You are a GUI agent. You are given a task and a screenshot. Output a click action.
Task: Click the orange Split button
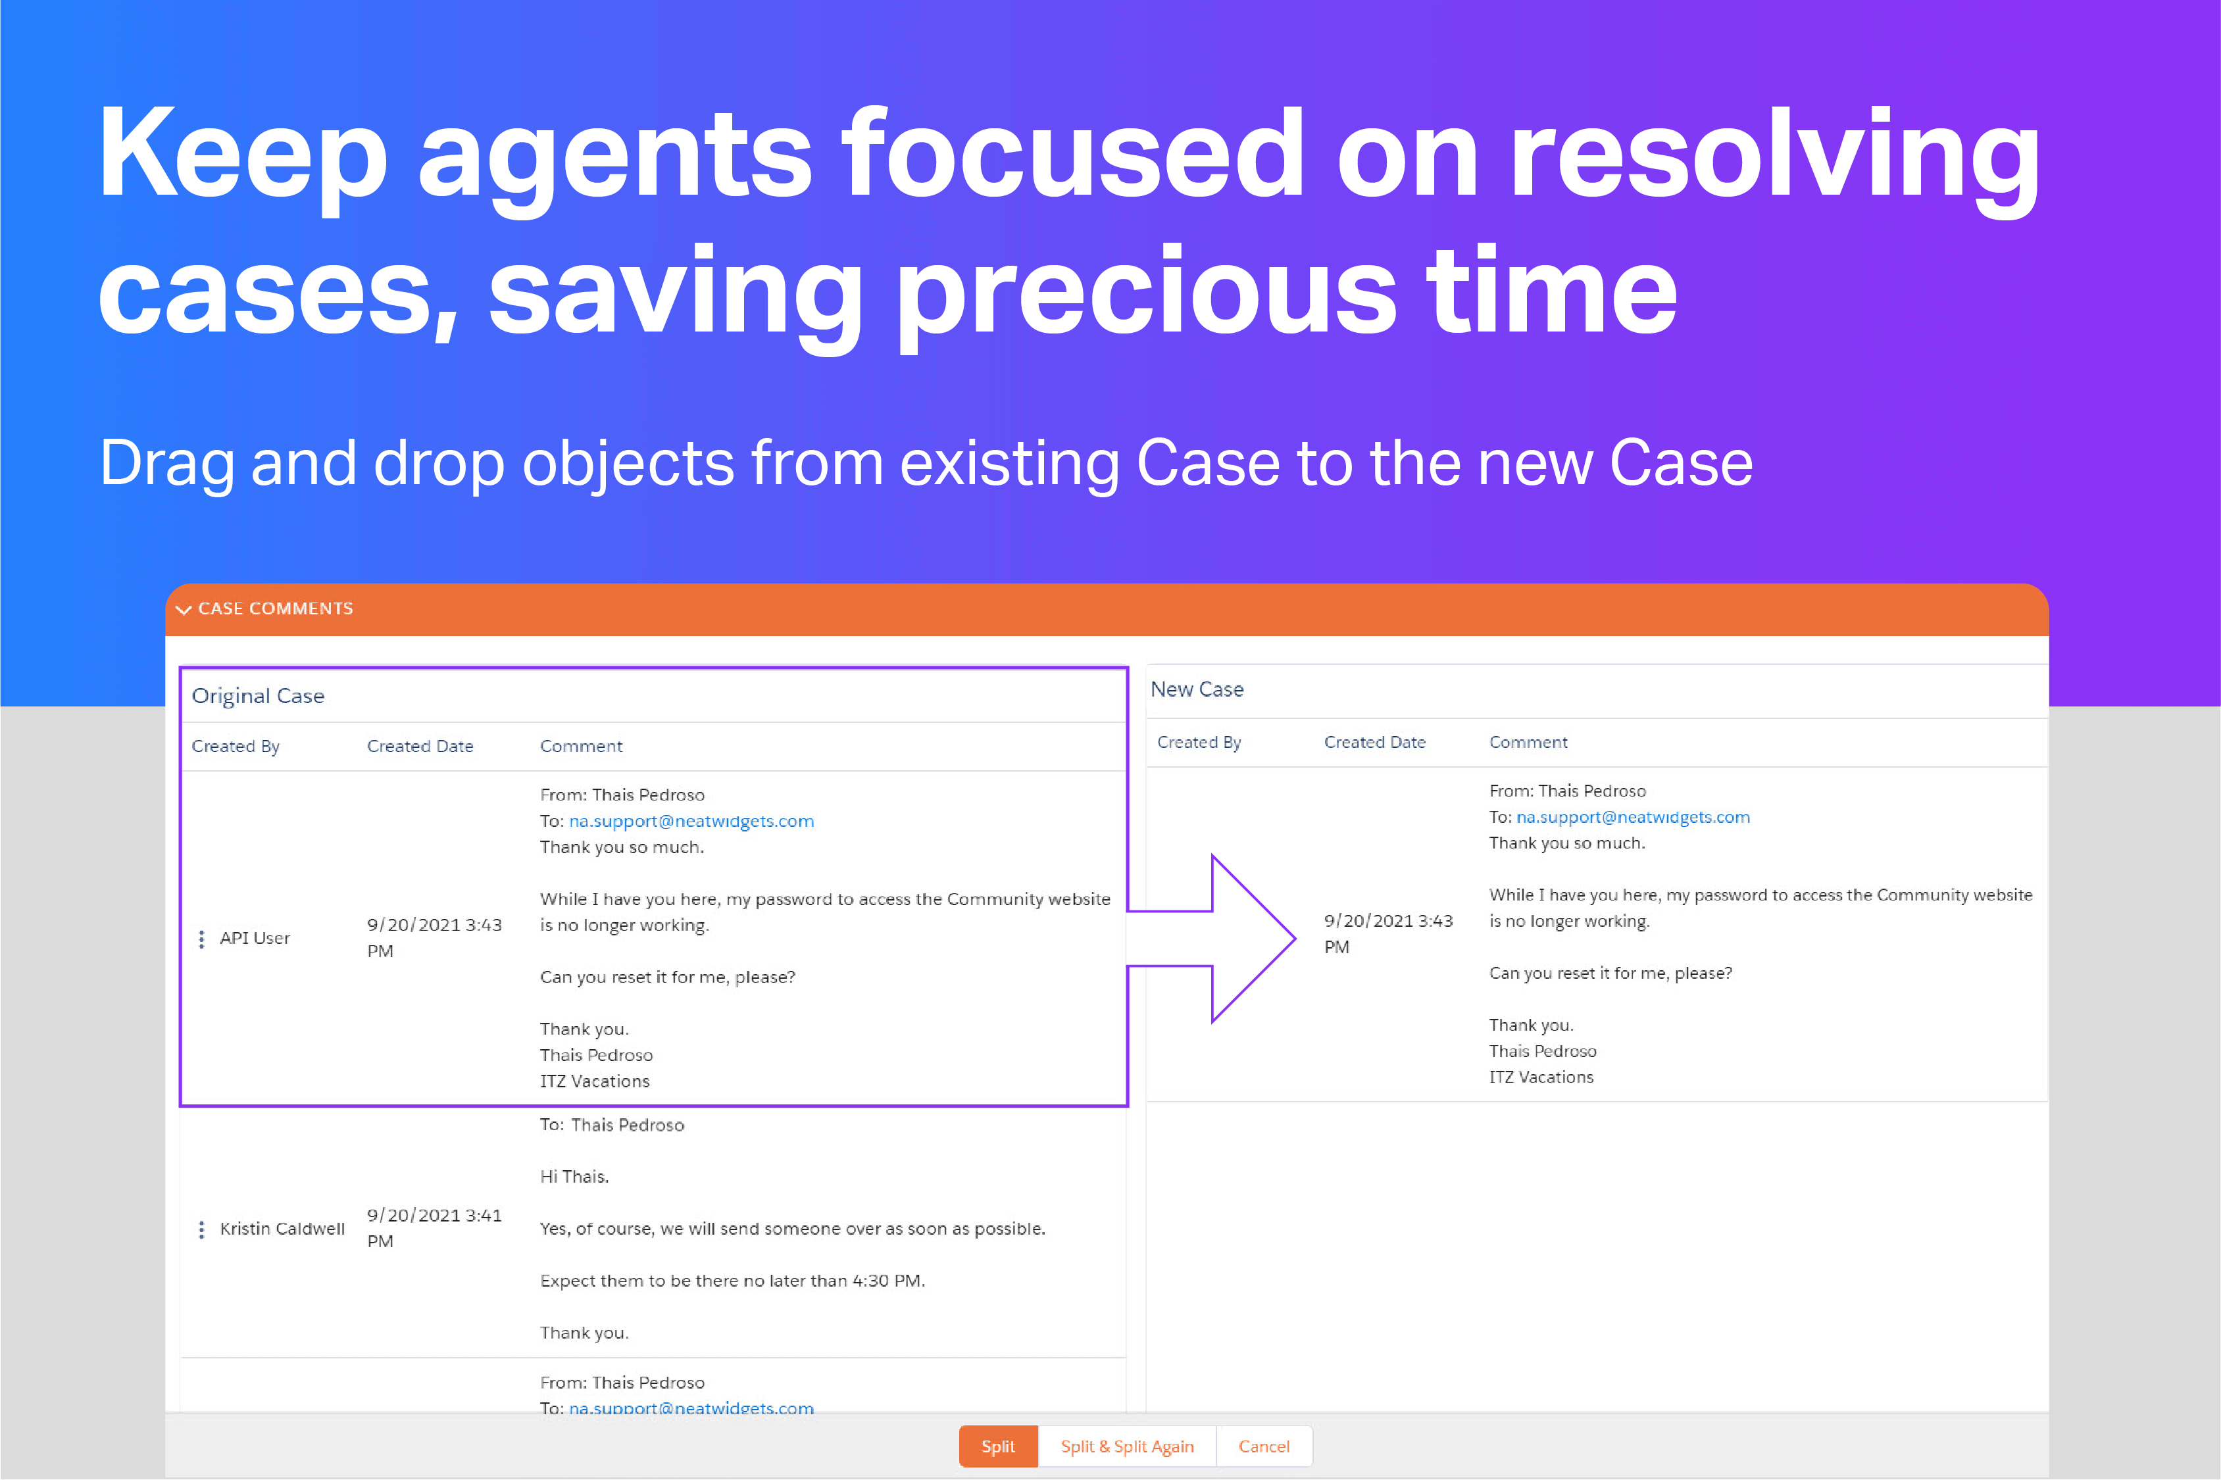coord(998,1446)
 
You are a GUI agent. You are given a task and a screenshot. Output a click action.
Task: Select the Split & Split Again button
coord(1126,1446)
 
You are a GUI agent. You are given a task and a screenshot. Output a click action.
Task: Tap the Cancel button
coord(1263,1446)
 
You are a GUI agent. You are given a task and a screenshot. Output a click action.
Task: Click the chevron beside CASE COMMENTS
coord(184,610)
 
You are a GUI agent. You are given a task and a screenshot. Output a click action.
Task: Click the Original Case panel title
coord(258,696)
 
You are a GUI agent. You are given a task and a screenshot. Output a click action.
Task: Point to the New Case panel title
coord(1196,689)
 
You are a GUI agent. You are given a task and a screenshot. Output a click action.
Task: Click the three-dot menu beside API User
coord(201,938)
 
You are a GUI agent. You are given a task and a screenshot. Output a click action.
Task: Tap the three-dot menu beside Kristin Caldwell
coord(201,1229)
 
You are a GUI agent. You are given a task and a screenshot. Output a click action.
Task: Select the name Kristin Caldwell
coord(282,1228)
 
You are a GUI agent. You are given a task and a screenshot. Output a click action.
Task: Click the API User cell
coord(254,938)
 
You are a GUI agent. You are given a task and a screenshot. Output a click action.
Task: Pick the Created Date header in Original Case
coord(420,746)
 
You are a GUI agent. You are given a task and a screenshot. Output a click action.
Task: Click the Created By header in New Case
coord(1199,742)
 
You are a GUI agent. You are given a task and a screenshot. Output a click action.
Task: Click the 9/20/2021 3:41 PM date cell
coord(434,1227)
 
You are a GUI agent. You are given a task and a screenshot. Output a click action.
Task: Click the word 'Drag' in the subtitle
coord(166,464)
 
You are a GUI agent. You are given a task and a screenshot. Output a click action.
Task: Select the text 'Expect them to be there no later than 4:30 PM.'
coord(732,1281)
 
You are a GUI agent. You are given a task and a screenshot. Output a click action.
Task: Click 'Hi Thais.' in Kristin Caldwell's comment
coord(574,1176)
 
